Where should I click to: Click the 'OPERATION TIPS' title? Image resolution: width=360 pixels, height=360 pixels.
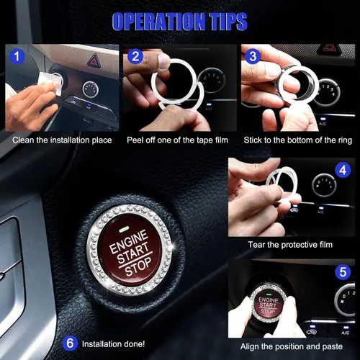[179, 22]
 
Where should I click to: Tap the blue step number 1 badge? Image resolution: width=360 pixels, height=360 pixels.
[17, 56]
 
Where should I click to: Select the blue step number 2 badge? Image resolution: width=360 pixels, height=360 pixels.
[135, 56]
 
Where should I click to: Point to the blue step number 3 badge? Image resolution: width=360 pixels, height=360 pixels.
[253, 56]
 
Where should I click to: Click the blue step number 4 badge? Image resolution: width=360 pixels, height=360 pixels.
[343, 170]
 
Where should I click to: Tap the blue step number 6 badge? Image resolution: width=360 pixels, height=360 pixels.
[70, 343]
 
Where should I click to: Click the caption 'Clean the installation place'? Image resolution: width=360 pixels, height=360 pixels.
[62, 140]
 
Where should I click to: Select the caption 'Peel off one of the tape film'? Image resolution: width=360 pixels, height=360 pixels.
[177, 140]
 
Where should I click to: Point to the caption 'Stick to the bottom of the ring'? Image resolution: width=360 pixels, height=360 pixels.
[298, 140]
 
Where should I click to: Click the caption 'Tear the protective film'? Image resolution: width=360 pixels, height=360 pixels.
[290, 245]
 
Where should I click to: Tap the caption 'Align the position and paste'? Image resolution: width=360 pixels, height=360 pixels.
[292, 346]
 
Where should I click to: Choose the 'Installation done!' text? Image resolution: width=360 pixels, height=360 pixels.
[113, 344]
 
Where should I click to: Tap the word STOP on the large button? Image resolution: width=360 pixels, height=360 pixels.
[138, 266]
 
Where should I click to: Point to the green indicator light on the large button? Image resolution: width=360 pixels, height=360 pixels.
[124, 230]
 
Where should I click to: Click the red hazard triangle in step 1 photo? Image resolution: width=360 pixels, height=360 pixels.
[94, 60]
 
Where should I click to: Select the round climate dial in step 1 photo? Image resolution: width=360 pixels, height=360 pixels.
[91, 89]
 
